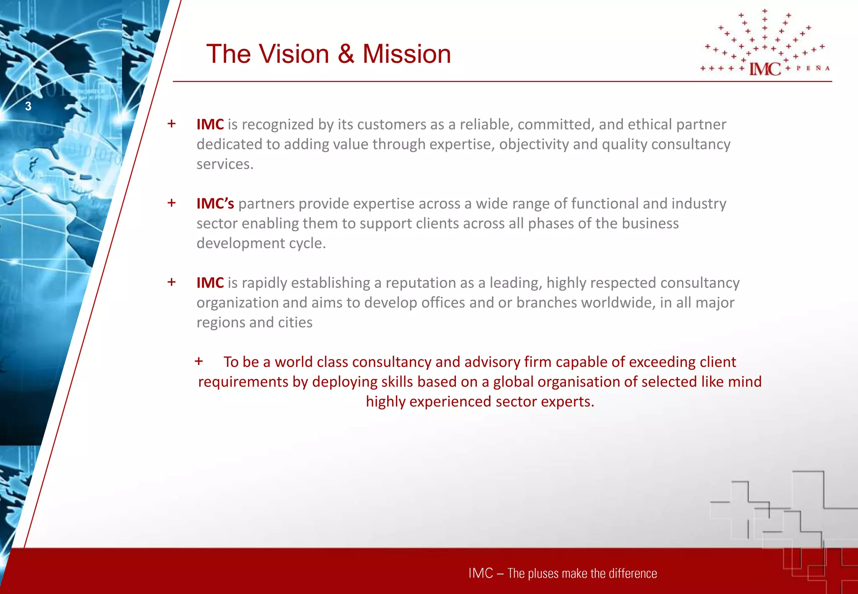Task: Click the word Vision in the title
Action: click(x=294, y=54)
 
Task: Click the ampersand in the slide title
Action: click(x=346, y=54)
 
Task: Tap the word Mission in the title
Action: click(x=406, y=54)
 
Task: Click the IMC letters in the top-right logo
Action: click(x=765, y=69)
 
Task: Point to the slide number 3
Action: click(x=28, y=106)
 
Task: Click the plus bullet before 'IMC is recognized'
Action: click(x=171, y=124)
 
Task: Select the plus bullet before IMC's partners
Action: click(x=171, y=203)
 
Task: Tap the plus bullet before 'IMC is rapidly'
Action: click(x=171, y=282)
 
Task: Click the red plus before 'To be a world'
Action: click(x=199, y=361)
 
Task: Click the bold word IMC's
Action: click(x=215, y=204)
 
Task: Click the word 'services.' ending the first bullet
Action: click(x=225, y=164)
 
